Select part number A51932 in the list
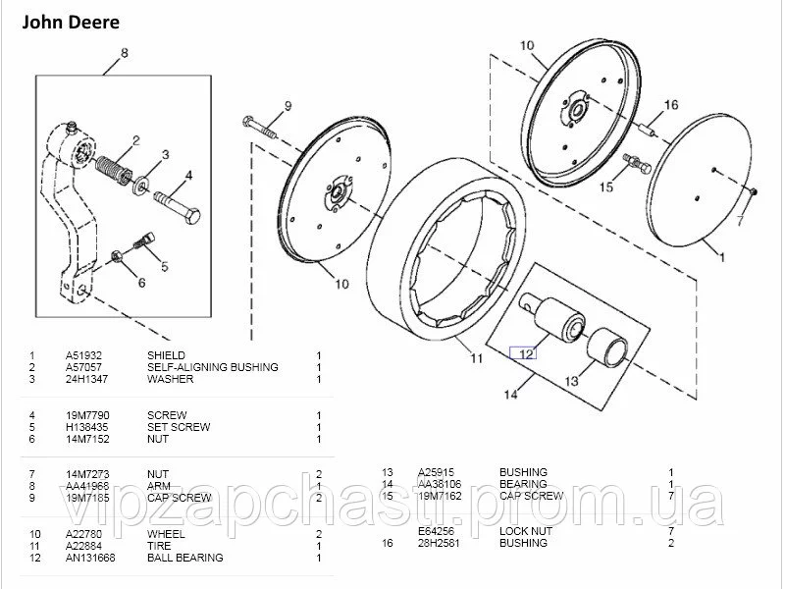(x=83, y=355)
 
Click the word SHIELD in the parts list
(x=166, y=355)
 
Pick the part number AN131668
(x=89, y=558)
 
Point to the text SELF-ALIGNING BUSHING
(x=212, y=367)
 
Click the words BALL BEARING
(x=184, y=558)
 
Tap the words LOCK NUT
(x=525, y=530)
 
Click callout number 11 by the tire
(x=476, y=359)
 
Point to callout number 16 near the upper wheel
(x=671, y=105)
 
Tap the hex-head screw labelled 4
(x=177, y=205)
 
